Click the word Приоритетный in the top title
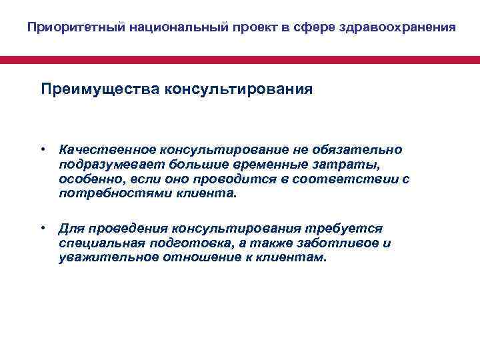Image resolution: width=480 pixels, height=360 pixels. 63,28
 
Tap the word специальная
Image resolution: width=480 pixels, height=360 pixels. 94,243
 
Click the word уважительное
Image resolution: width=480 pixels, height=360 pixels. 105,258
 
